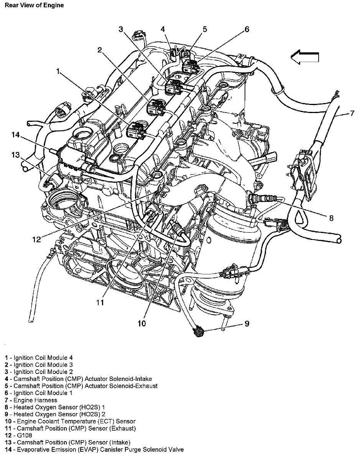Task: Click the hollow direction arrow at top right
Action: tap(305, 57)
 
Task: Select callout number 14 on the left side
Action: tap(15, 135)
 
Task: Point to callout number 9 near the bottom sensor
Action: tap(247, 324)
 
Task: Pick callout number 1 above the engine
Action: tap(58, 71)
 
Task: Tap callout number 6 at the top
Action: tap(247, 29)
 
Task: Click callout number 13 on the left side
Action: tap(15, 155)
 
